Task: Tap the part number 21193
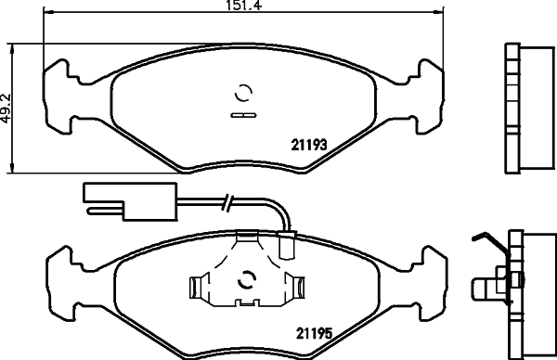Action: click(305, 143)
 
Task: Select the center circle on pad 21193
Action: click(243, 93)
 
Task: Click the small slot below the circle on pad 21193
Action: click(243, 116)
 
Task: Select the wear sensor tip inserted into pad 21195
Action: click(286, 249)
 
